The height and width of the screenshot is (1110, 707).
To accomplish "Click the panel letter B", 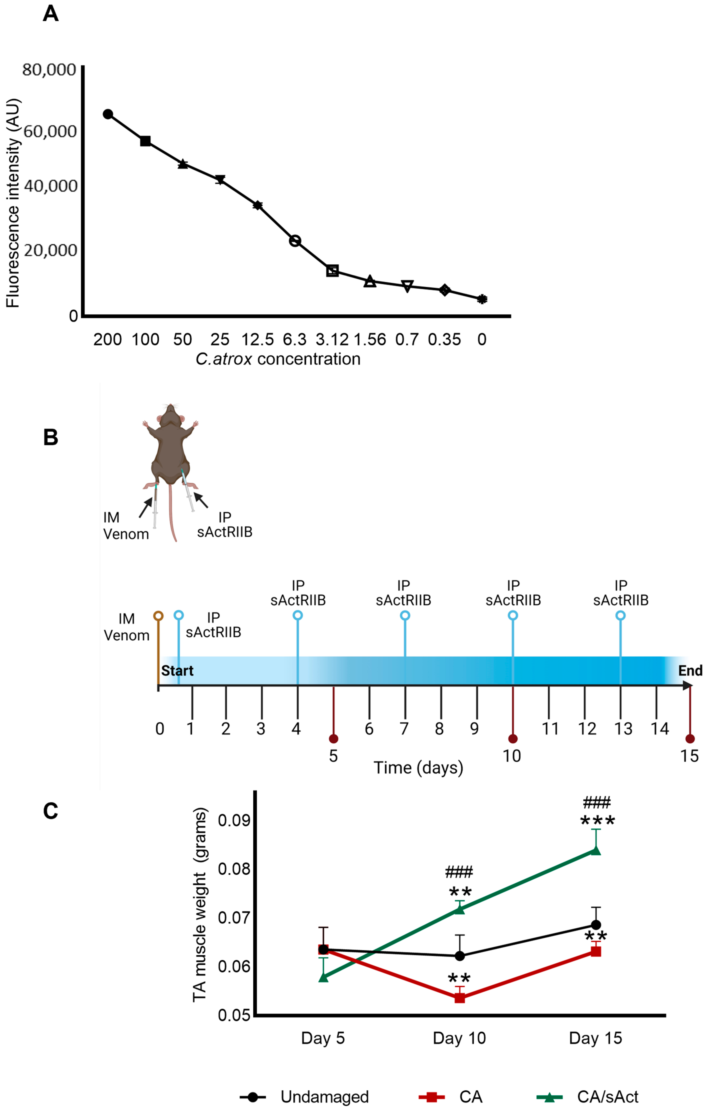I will (51, 437).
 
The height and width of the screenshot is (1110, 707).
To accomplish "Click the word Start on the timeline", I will (177, 671).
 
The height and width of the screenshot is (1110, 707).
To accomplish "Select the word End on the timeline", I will (690, 671).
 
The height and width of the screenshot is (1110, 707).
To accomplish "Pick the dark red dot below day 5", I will (333, 739).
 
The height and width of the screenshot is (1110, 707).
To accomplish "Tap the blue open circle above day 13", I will (621, 615).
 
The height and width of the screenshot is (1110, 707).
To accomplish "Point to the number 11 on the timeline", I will (550, 729).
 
